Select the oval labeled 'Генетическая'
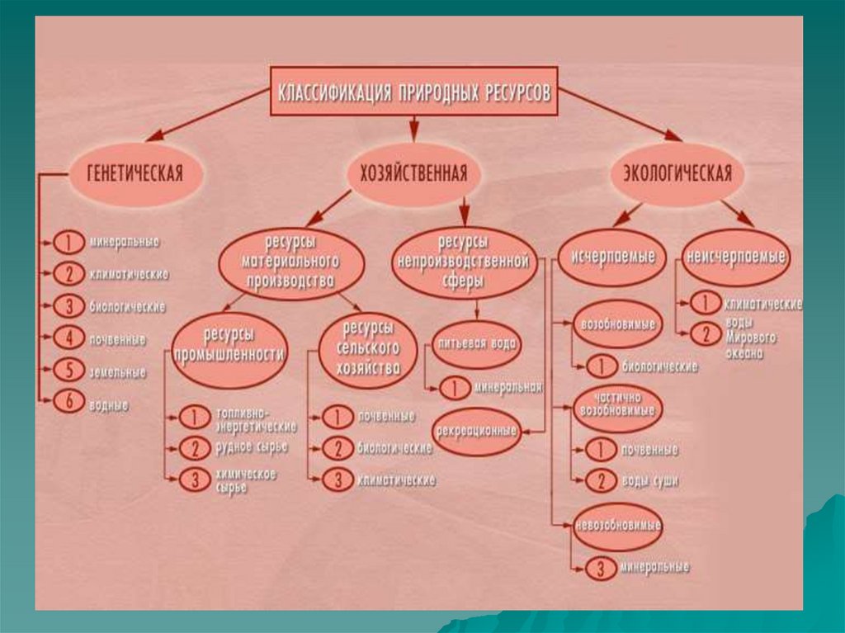(135, 174)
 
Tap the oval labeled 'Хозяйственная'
(413, 174)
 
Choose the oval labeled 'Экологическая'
(677, 174)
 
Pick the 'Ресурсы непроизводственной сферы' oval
(461, 262)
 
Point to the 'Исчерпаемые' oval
(613, 257)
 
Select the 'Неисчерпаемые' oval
(734, 257)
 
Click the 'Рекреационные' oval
(476, 430)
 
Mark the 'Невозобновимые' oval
(618, 525)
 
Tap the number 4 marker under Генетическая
(68, 337)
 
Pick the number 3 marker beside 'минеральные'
(599, 568)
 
